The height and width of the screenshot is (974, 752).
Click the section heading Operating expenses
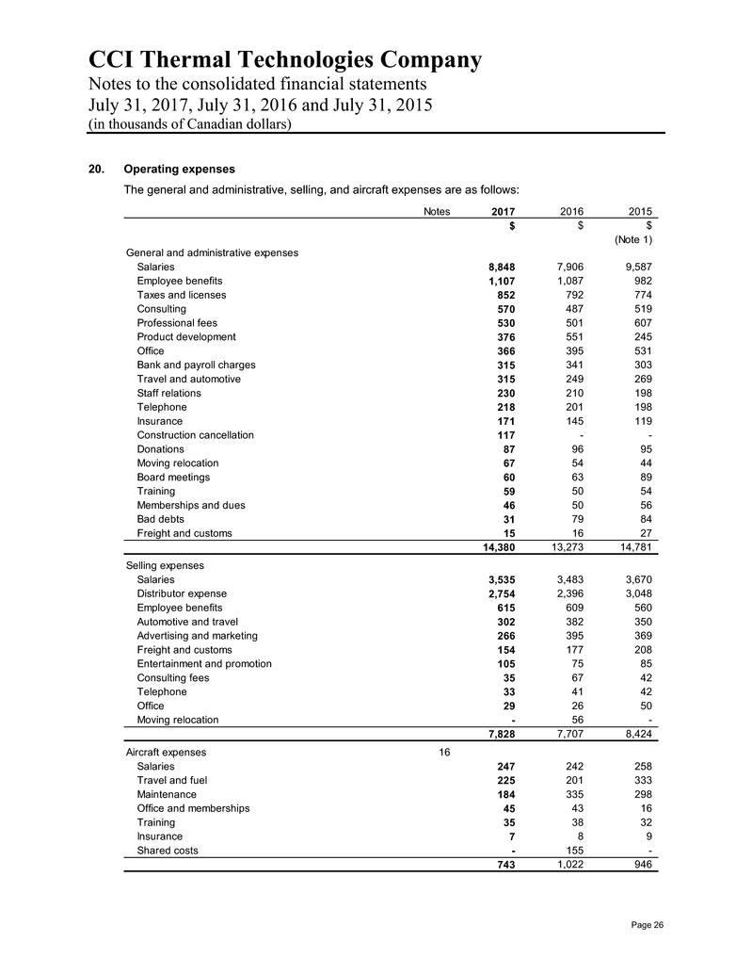pyautogui.click(x=179, y=170)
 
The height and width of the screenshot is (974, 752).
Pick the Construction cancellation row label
pyautogui.click(x=195, y=435)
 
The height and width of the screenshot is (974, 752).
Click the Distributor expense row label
pyautogui.click(x=183, y=593)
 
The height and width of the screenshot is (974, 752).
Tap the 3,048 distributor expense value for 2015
pyautogui.click(x=636, y=593)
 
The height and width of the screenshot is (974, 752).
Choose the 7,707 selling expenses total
pyautogui.click(x=571, y=735)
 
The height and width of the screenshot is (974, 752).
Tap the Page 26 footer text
pyautogui.click(x=643, y=924)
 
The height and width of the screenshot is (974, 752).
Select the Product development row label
pyautogui.click(x=186, y=336)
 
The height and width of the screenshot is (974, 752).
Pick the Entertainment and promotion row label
pyautogui.click(x=204, y=663)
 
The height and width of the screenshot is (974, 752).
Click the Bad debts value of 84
pyautogui.click(x=643, y=519)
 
